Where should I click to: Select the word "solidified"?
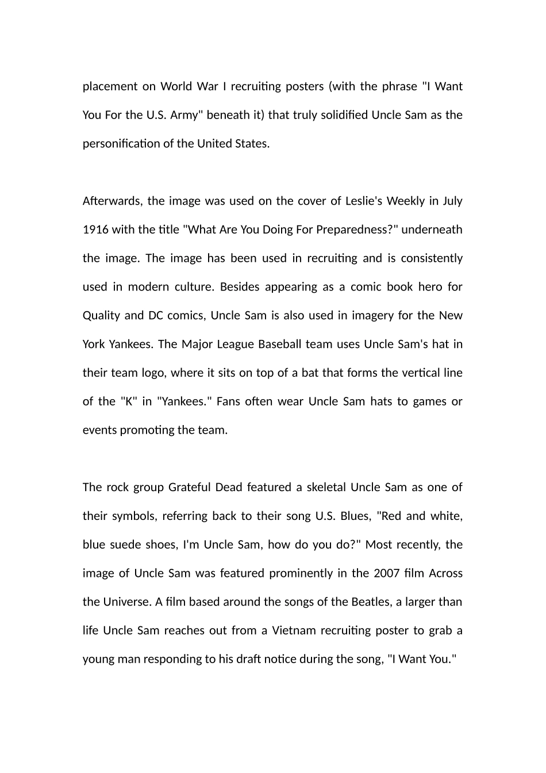340,115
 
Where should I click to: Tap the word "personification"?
121,144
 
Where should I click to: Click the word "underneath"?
432,229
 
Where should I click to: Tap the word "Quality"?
102,315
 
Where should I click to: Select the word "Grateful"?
189,487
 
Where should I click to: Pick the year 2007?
386,573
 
